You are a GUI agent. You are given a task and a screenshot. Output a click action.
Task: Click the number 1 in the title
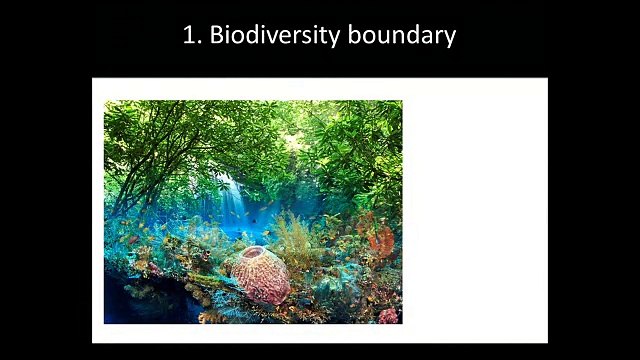tap(188, 36)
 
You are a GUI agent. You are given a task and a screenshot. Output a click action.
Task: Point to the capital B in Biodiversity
tap(215, 36)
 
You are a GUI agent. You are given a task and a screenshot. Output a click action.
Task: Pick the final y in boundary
tap(449, 39)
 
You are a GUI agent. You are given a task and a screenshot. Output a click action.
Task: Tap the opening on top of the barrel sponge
tap(252, 255)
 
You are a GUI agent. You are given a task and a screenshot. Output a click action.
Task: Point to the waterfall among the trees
tap(233, 199)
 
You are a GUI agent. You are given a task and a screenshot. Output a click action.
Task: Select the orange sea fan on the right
tap(382, 239)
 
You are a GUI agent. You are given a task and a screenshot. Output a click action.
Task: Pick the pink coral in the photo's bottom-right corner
tap(388, 316)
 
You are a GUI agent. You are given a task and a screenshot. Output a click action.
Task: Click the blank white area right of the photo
tap(474, 210)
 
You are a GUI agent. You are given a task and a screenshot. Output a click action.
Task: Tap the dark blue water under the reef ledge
tap(140, 305)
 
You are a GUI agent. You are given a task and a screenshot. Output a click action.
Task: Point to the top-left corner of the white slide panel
tap(93, 78)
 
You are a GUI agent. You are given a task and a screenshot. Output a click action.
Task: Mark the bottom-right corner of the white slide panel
tap(547, 342)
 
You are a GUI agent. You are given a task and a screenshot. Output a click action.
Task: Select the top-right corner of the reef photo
tap(402, 101)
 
